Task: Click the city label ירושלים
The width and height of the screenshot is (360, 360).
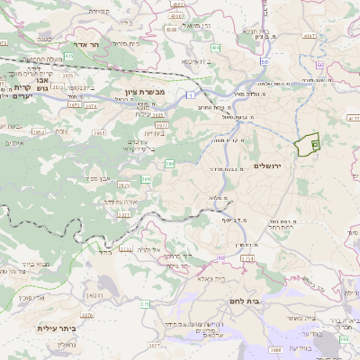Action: [269, 166]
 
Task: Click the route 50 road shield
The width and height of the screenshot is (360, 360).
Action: [265, 61]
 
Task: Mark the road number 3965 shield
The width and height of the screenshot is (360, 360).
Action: [100, 132]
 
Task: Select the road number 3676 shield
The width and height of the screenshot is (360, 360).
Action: [86, 316]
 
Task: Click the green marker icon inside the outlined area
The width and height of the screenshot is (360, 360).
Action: [314, 144]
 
